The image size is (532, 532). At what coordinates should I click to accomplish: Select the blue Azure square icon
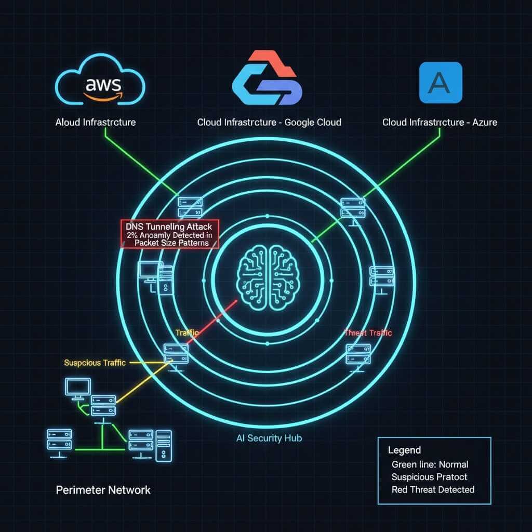click(x=440, y=83)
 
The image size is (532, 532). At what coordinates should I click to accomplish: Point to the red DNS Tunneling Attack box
click(x=169, y=234)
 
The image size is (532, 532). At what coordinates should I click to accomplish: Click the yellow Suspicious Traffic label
click(x=95, y=363)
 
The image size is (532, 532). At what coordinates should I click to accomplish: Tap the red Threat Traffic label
click(x=368, y=333)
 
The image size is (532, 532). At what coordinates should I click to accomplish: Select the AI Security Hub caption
click(x=269, y=438)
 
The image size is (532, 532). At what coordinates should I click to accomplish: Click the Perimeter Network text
click(x=103, y=489)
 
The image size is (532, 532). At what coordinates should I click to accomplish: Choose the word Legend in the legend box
click(x=404, y=450)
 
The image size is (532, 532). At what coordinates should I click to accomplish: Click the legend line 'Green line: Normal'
click(x=430, y=464)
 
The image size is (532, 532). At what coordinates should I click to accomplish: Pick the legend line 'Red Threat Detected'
click(x=433, y=489)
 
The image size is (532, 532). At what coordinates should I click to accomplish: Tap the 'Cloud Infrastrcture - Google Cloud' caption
click(x=269, y=123)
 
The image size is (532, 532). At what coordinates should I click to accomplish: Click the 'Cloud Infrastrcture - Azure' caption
click(x=440, y=123)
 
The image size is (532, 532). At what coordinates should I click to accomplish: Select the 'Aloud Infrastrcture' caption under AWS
click(x=95, y=123)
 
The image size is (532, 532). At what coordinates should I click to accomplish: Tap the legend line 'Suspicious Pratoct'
click(x=429, y=477)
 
